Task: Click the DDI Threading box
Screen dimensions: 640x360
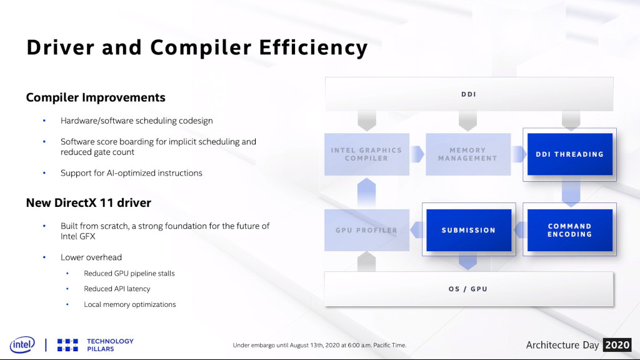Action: [x=570, y=154]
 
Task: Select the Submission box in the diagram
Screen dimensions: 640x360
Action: [x=469, y=230]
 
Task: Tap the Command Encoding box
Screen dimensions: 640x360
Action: [x=570, y=230]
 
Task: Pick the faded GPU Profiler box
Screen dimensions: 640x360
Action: [x=366, y=230]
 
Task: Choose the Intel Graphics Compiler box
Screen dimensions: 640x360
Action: [x=366, y=154]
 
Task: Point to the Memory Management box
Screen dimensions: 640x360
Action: [x=468, y=154]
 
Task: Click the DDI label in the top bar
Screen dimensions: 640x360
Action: [x=469, y=94]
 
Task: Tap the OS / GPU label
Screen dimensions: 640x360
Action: [x=468, y=289]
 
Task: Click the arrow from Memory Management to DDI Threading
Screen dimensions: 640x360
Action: [x=519, y=154]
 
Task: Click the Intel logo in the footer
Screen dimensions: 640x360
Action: [x=22, y=345]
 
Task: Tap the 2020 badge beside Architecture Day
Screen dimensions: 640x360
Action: [x=617, y=345]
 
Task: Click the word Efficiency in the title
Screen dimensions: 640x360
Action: [x=314, y=47]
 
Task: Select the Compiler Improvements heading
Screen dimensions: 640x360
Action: [x=96, y=97]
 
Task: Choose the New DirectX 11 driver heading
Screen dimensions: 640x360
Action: [x=89, y=203]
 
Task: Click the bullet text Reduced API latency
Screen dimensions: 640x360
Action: [x=117, y=289]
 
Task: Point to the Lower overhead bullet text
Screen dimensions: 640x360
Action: [x=91, y=257]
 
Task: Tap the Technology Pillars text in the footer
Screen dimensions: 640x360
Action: [x=110, y=345]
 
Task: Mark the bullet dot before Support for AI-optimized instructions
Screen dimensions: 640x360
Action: [x=44, y=173]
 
